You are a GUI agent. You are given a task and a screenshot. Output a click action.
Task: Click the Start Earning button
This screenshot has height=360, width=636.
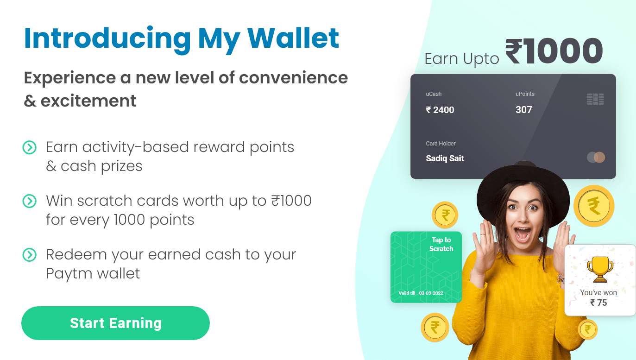tap(115, 323)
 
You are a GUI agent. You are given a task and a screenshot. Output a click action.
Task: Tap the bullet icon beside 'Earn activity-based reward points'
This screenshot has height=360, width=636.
tap(30, 147)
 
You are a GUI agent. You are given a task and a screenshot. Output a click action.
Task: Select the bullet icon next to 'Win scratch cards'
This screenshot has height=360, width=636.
tap(30, 201)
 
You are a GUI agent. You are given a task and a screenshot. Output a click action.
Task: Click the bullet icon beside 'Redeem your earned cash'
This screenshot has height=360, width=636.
tap(30, 255)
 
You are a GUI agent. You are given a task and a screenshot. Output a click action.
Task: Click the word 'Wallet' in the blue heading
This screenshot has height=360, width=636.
tap(293, 38)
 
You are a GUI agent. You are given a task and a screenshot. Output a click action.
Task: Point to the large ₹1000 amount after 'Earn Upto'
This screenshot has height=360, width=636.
tap(554, 51)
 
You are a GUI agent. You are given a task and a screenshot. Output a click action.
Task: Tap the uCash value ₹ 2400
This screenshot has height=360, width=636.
tap(440, 110)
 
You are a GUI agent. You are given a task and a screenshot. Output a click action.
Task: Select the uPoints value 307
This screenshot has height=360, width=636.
tap(524, 110)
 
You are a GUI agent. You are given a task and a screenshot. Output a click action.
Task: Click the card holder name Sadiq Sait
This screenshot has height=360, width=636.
tap(445, 158)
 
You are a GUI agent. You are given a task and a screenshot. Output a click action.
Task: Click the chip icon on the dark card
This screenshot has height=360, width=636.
tap(595, 99)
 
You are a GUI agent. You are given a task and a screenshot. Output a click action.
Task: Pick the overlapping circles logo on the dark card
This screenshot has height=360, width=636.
tap(596, 157)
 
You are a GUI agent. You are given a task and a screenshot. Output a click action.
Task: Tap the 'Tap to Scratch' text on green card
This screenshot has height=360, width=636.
tap(441, 244)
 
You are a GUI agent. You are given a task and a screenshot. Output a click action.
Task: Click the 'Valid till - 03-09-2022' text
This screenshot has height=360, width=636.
tap(421, 293)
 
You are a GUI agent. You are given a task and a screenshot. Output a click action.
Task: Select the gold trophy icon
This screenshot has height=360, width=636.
tap(600, 270)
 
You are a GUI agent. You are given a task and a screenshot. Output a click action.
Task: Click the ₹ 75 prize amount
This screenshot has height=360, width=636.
tap(598, 303)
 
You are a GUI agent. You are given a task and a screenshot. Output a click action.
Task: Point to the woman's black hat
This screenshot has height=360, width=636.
tap(523, 187)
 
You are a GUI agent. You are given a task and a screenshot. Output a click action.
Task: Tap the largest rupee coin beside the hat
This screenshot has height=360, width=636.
tap(594, 206)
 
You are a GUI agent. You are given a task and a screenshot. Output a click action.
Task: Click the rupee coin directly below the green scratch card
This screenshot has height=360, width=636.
tap(435, 328)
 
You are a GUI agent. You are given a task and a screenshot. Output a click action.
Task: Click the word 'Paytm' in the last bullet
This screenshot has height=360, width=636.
tap(69, 274)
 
